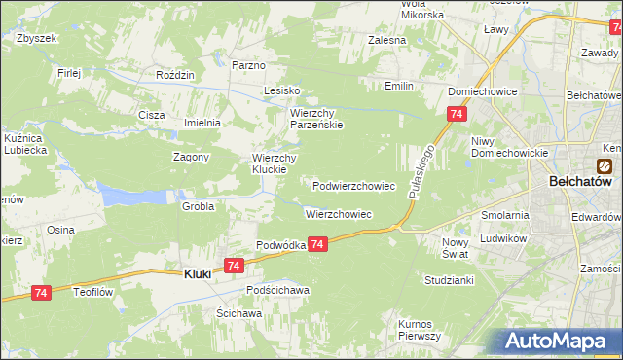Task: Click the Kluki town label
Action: pos(199,274)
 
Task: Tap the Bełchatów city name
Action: pos(578,182)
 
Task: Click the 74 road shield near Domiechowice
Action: pos(457,116)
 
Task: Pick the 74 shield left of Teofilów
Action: pos(41,292)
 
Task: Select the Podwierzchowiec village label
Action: pos(353,185)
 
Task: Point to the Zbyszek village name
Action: pos(37,38)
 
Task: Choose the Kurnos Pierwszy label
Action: pos(421,329)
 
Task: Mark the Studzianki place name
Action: pos(449,280)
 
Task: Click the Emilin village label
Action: pos(398,87)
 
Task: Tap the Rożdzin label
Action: pos(176,75)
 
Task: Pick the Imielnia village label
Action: pos(203,123)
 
